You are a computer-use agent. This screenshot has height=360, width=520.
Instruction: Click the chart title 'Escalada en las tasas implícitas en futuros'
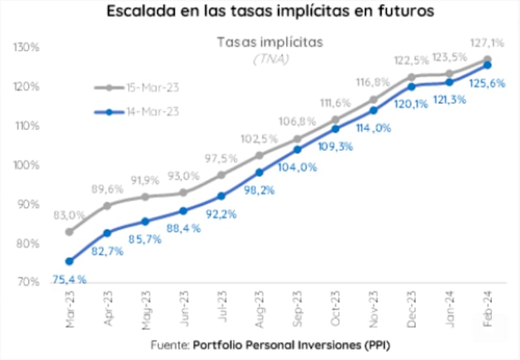tap(260, 11)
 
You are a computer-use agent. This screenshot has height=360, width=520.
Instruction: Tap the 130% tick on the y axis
tap(27, 47)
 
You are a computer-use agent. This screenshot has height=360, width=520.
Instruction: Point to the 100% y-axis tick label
tap(27, 165)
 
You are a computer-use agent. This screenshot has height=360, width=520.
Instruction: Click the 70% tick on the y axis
tap(27, 282)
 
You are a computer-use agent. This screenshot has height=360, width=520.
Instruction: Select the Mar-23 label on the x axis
tap(70, 305)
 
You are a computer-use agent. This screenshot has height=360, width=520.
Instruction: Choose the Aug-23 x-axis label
tap(259, 305)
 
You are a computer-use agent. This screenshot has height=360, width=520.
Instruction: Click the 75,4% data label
tap(68, 279)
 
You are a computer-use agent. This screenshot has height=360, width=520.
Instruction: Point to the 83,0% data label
tap(69, 215)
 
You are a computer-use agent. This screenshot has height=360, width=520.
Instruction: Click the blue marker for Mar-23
tap(70, 261)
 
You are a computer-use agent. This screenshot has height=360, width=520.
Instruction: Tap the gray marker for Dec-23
tap(411, 77)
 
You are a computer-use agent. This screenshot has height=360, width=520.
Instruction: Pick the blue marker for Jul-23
tap(221, 196)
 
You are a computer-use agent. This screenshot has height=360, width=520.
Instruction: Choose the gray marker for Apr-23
tap(107, 205)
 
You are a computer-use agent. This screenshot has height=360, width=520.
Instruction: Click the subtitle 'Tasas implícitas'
tap(270, 42)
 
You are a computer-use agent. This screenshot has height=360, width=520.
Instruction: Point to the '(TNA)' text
tap(270, 58)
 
